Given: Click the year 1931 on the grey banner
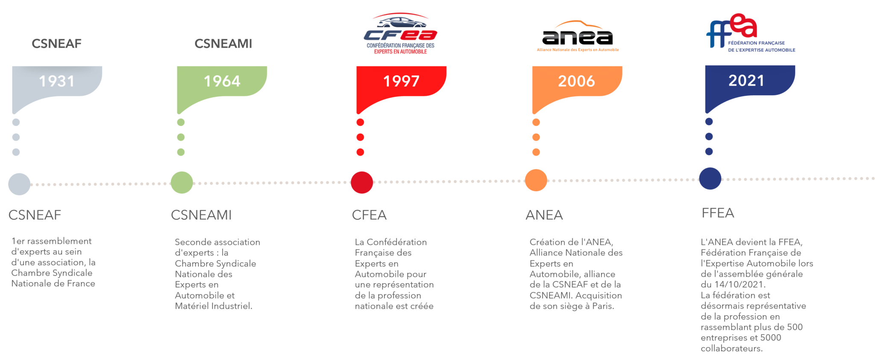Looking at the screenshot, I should click(x=57, y=81).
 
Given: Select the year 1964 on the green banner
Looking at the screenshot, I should click(x=222, y=81).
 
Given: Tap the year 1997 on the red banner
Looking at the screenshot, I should click(x=401, y=81).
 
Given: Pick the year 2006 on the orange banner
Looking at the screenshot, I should click(x=576, y=81).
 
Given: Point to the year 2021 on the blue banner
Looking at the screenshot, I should click(x=746, y=80).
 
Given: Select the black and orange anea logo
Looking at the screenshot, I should click(x=577, y=37).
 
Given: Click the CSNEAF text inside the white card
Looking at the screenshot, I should click(x=57, y=44).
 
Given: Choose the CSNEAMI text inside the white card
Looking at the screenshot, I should click(x=223, y=44).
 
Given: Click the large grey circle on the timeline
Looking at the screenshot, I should click(x=19, y=184).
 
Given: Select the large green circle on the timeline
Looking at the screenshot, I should click(x=182, y=183).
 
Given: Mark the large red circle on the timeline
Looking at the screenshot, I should click(x=362, y=183).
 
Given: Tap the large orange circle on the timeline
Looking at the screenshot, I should click(x=536, y=180).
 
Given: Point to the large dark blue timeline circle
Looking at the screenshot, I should click(x=710, y=179).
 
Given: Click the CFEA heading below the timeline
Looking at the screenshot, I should click(x=369, y=215).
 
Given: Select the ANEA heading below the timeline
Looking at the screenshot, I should click(x=544, y=215).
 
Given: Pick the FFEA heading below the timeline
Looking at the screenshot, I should click(x=718, y=213).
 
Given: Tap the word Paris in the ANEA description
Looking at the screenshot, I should click(x=603, y=306).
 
